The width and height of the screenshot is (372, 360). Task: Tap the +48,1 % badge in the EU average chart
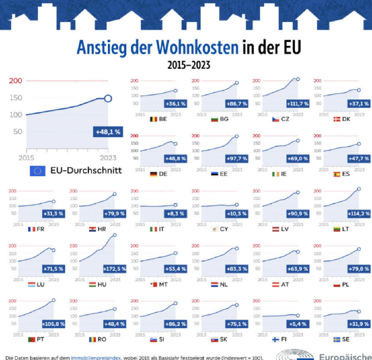[108, 132]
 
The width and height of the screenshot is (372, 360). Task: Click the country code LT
[346, 229]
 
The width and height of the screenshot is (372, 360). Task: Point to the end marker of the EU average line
[108, 98]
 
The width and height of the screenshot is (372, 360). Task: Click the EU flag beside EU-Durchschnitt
[37, 171]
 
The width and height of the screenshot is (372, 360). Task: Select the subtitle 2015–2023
[189, 66]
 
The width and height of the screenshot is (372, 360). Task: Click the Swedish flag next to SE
[337, 340]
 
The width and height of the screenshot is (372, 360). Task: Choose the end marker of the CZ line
[298, 79]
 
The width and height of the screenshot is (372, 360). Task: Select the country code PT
[41, 340]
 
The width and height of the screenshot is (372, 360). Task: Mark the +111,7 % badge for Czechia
[297, 104]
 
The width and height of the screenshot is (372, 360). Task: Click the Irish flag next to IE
[276, 174]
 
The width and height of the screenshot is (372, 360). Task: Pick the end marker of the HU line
[114, 235]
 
